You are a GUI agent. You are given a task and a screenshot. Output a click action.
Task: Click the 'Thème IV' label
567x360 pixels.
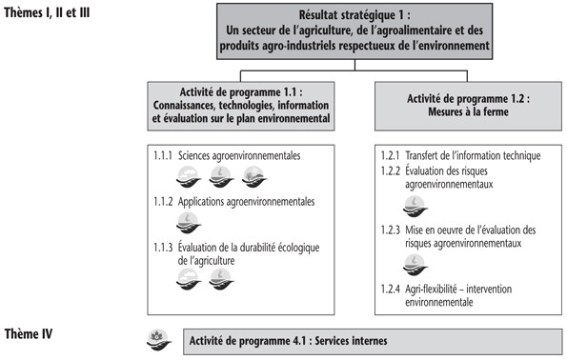point(29,333)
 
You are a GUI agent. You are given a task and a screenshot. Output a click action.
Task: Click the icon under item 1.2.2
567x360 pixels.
point(413,206)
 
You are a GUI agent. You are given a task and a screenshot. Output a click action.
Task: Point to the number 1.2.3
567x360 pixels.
point(389,230)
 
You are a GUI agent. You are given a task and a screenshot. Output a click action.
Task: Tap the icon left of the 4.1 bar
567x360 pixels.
point(158,337)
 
